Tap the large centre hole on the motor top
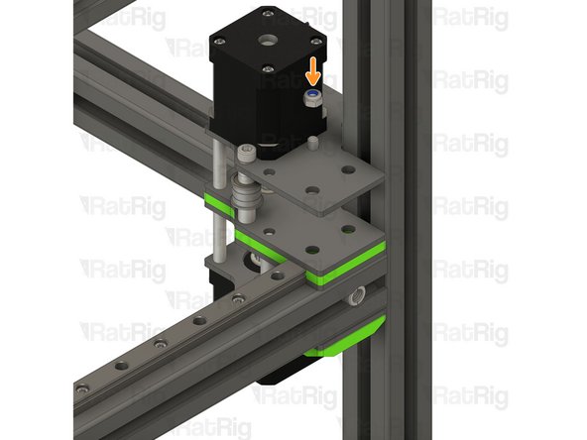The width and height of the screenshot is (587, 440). coord(267,44)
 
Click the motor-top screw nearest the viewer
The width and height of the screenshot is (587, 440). coord(268,69)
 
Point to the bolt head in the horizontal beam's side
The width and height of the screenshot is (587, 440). coord(354,294)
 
